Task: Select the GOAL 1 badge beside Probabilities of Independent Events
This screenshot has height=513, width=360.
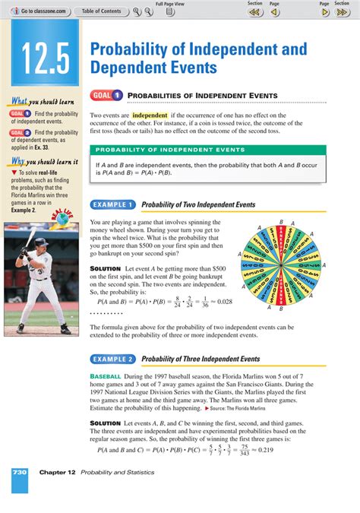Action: click(107, 95)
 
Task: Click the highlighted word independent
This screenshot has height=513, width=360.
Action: click(150, 116)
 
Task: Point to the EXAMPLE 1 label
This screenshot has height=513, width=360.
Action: click(112, 204)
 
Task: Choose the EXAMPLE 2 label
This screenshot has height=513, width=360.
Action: click(112, 359)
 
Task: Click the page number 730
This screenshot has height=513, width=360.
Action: click(20, 472)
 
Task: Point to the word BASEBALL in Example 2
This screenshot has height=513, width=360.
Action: click(106, 377)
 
